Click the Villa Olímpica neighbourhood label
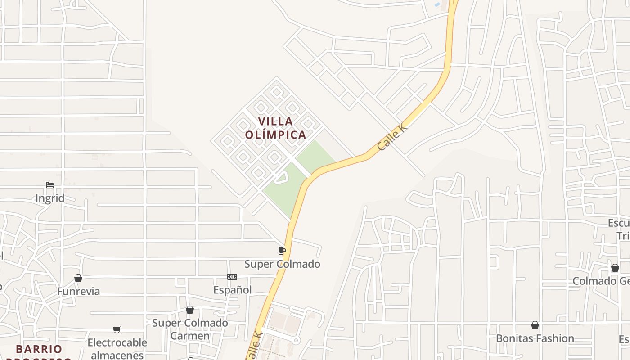275,128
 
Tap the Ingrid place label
49,198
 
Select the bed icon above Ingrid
50,185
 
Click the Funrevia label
78,291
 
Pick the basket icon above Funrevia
78,278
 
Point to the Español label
232,290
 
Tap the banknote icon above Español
232,277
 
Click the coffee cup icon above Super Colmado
282,251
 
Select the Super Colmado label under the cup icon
282,264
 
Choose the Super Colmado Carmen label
190,329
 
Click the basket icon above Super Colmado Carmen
190,310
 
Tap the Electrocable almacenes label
117,348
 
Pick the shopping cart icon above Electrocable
117,329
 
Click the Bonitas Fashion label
535,338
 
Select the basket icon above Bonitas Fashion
535,325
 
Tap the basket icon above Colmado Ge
615,268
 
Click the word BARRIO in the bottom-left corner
39,349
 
